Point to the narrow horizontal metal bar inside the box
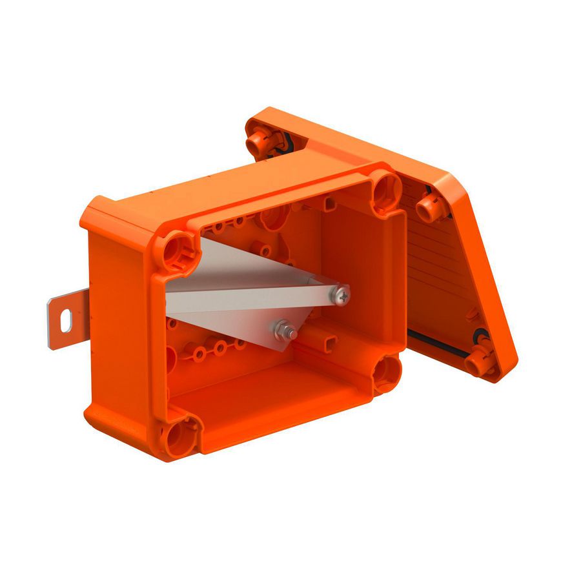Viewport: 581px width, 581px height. coord(252,298)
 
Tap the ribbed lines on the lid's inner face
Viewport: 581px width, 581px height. coord(439,258)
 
